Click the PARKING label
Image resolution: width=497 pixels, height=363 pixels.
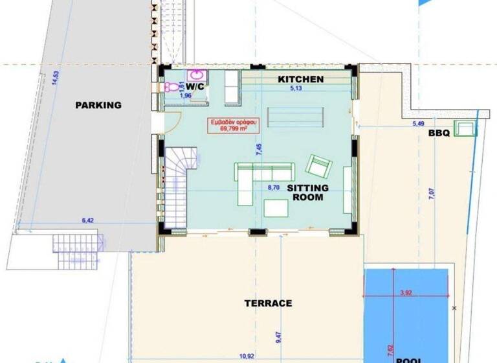[x=98, y=105]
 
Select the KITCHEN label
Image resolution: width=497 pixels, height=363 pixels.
[x=301, y=79]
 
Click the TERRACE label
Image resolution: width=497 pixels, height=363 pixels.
[x=268, y=303]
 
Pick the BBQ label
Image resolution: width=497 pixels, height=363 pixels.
[x=438, y=133]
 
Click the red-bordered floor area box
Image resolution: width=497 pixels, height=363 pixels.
[x=227, y=125]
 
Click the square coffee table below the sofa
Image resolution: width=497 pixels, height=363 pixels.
[x=276, y=207]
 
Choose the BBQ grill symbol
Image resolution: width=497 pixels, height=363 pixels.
[x=465, y=128]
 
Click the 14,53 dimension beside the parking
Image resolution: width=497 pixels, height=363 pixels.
[x=56, y=76]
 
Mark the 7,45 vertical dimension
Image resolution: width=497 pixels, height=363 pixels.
[x=259, y=150]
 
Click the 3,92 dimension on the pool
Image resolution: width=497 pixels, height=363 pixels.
[x=406, y=293]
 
